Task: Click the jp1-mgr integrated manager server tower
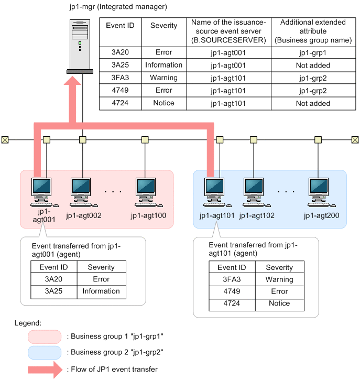click(82, 45)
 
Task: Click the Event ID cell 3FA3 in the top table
click(120, 78)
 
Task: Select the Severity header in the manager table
click(163, 25)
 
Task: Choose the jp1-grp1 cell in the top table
click(312, 53)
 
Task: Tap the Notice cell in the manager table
click(163, 103)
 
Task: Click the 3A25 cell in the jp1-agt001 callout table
click(54, 291)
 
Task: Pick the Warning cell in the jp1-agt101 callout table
click(279, 280)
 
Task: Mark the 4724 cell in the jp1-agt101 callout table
click(232, 304)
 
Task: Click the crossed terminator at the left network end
click(5, 140)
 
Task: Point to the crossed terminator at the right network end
click(355, 140)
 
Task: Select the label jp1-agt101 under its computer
click(217, 215)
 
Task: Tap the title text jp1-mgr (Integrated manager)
click(118, 7)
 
